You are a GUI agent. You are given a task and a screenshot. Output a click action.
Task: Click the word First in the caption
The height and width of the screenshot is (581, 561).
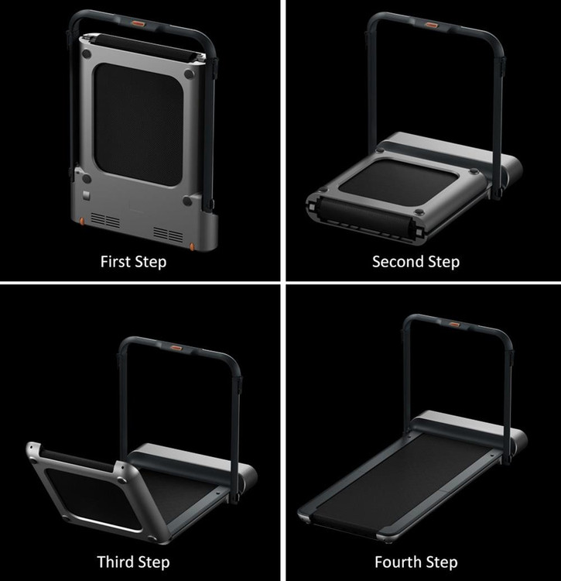(x=115, y=262)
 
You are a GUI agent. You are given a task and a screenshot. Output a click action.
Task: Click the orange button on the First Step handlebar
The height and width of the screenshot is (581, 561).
(x=139, y=24)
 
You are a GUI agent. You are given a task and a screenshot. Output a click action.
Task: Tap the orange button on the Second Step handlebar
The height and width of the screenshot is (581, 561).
(x=431, y=25)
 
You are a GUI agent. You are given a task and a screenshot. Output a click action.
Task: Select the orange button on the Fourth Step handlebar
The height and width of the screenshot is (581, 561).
(x=454, y=325)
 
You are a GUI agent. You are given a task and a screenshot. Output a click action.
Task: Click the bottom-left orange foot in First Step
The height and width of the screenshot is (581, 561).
(x=82, y=222)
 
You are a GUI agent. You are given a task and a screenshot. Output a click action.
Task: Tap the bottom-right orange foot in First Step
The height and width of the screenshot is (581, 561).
(x=192, y=247)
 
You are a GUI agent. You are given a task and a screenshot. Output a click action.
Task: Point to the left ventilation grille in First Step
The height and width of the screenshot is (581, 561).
(x=105, y=220)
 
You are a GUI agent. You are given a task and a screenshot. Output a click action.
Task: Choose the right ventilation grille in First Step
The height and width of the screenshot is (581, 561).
(x=169, y=235)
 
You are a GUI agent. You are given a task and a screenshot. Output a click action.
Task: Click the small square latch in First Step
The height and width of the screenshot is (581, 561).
(x=86, y=196)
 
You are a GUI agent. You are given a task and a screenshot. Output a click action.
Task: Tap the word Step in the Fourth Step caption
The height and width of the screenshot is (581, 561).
(x=443, y=562)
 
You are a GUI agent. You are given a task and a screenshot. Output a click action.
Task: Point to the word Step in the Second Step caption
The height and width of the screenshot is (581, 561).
(x=444, y=262)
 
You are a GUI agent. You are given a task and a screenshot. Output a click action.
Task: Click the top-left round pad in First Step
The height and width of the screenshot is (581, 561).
(x=87, y=54)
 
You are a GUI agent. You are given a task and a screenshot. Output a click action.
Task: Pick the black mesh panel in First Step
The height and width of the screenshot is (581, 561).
(x=139, y=125)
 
